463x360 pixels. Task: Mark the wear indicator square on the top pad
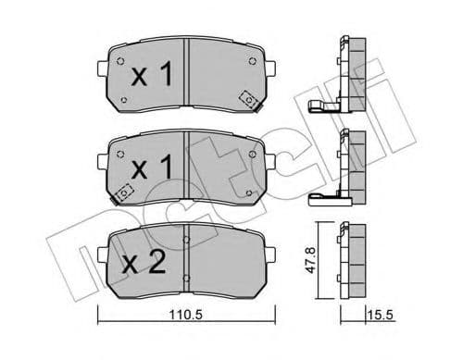tap(247, 99)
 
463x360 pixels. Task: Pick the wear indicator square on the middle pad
tap(126, 192)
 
